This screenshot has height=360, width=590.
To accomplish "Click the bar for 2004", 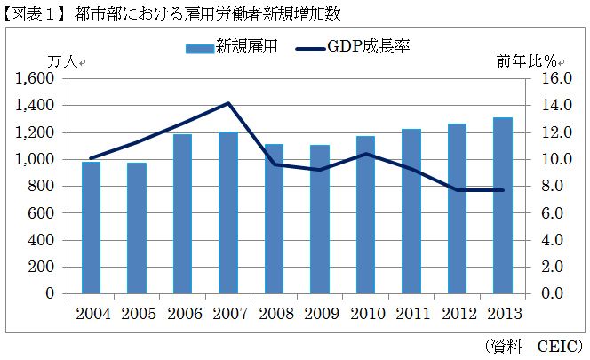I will click(91, 228).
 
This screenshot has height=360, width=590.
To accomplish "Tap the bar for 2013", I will click(503, 205).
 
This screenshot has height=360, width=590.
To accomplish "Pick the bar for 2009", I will click(320, 219).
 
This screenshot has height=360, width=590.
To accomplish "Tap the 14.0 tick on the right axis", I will click(543, 105).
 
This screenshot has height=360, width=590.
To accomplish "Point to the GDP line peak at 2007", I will click(228, 103).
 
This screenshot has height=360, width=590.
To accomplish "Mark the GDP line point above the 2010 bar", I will click(365, 154).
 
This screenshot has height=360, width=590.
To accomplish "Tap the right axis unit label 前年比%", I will click(530, 62).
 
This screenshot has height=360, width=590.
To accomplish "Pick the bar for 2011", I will click(411, 211).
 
